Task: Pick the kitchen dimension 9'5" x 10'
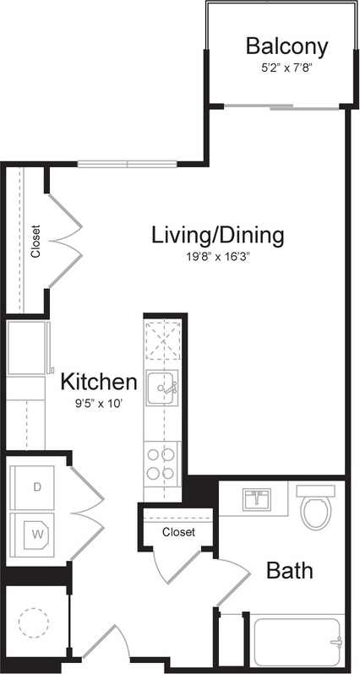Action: pos(98,403)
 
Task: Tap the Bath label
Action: pos(290,570)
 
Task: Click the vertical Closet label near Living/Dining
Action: pos(35,241)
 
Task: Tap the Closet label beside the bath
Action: pos(178,532)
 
